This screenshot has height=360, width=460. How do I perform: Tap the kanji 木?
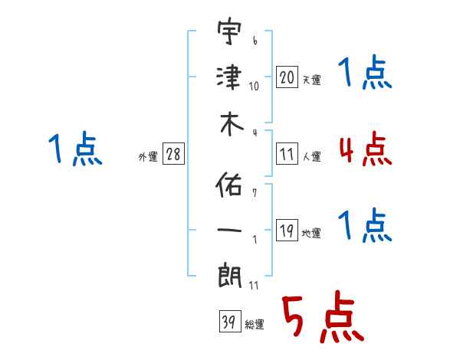pyautogui.click(x=230, y=126)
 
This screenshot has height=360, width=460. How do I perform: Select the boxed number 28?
pyautogui.click(x=173, y=155)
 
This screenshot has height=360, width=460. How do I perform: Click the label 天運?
pyautogui.click(x=311, y=80)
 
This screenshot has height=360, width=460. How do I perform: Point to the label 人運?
pyautogui.click(x=312, y=157)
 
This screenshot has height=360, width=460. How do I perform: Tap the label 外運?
pyautogui.click(x=148, y=157)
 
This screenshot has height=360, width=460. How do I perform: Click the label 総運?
pyautogui.click(x=254, y=325)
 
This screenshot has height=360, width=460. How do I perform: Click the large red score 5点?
pyautogui.click(x=321, y=319)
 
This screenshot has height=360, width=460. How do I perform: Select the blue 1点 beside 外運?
pyautogui.click(x=75, y=149)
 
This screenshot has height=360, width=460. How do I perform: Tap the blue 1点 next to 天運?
pyautogui.click(x=365, y=74)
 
